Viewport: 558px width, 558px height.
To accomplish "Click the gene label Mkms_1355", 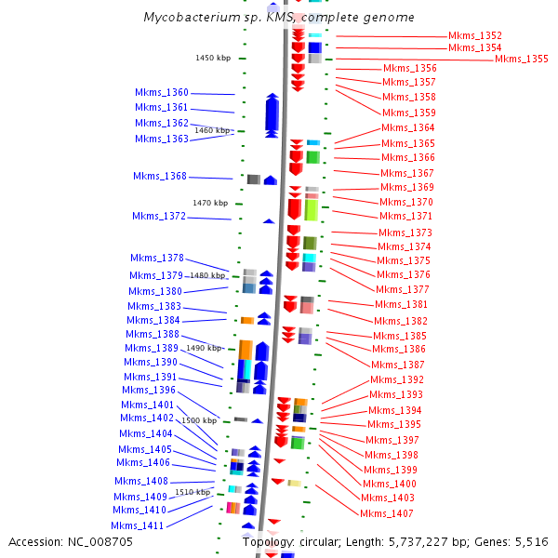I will pyautogui.click(x=521, y=60).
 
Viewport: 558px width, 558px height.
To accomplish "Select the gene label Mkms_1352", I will pyautogui.click(x=474, y=35).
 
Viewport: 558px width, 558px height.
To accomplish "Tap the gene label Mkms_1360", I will pyautogui.click(x=161, y=93).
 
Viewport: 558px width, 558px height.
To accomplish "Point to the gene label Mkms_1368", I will pyautogui.click(x=159, y=177).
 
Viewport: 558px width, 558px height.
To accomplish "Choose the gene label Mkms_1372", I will pyautogui.click(x=158, y=217).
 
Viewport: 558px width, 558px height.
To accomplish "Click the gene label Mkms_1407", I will pyautogui.click(x=387, y=514).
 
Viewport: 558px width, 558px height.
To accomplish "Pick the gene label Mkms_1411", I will pyautogui.click(x=137, y=526).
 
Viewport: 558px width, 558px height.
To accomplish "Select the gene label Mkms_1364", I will pyautogui.click(x=407, y=128).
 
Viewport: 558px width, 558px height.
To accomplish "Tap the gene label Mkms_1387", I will pyautogui.click(x=398, y=365).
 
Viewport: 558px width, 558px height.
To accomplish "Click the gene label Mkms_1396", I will pyautogui.click(x=149, y=391).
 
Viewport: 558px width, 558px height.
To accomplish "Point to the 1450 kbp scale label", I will pyautogui.click(x=212, y=58).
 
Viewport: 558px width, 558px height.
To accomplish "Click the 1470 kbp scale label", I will pyautogui.click(x=209, y=203).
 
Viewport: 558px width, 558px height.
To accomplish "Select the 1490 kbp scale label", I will pyautogui.click(x=203, y=348).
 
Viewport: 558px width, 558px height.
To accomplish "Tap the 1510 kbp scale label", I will pyautogui.click(x=193, y=492).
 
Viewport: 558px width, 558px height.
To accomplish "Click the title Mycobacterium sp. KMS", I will pyautogui.click(x=213, y=18).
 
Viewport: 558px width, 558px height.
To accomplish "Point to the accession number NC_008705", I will pyautogui.click(x=101, y=541).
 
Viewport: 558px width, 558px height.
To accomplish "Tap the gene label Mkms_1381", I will pyautogui.click(x=402, y=305).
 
